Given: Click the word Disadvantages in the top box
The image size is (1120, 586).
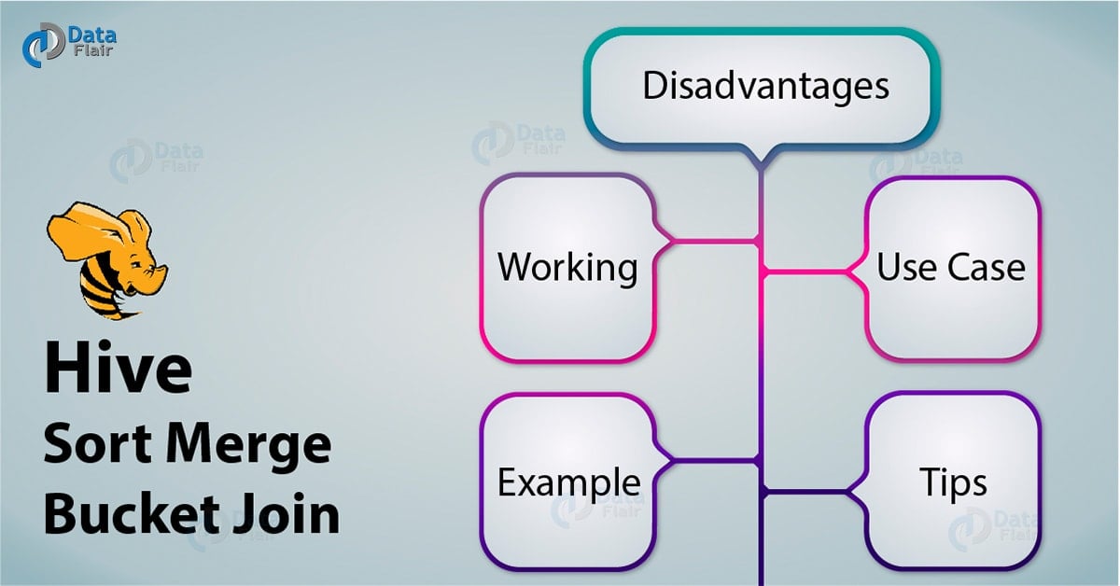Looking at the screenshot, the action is click(765, 86).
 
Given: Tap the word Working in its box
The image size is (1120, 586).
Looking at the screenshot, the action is click(567, 268).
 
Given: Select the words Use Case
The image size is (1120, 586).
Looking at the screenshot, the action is click(950, 267).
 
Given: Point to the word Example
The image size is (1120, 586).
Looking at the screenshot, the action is click(569, 482).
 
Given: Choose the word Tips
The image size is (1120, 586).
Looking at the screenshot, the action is click(953, 482).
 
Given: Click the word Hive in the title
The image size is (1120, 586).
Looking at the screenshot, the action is click(118, 368).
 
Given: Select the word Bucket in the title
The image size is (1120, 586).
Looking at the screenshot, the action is click(132, 513).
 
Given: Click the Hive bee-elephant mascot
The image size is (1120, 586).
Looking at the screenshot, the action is click(107, 260).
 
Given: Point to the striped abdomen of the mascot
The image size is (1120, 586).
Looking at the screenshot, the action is click(104, 291).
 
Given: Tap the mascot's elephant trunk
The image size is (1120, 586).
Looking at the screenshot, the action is click(159, 276).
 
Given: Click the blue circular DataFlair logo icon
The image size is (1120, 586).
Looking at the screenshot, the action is click(43, 45).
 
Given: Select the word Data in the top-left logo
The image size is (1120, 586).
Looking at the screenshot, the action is click(92, 35).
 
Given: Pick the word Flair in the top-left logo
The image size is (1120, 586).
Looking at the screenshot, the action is click(93, 50).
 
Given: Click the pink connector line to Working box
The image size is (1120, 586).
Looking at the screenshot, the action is click(714, 242).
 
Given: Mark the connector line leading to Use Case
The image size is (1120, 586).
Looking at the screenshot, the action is click(805, 272).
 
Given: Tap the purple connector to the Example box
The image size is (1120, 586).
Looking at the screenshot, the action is click(714, 459).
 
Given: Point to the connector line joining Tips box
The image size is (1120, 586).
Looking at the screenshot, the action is click(805, 492).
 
